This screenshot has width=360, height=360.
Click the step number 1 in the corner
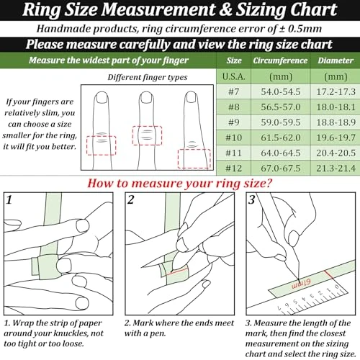pos(9,199)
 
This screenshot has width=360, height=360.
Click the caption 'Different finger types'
pos(147,76)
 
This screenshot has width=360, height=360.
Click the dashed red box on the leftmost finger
pos(100,145)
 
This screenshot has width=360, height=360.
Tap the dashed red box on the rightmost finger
pos(194,158)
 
